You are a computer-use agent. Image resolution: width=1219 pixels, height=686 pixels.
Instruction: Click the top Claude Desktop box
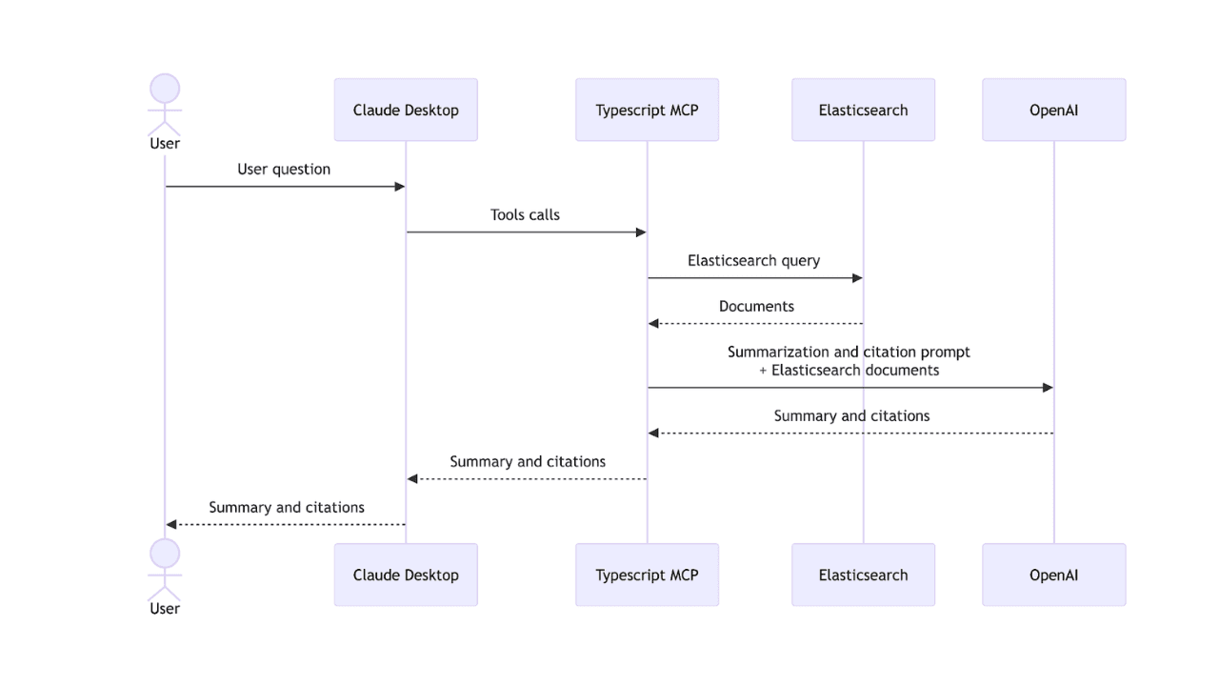coord(406,110)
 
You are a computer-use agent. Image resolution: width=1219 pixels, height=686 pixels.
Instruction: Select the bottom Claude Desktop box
coord(406,575)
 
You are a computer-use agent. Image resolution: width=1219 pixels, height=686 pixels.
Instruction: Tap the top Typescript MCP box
coord(647,110)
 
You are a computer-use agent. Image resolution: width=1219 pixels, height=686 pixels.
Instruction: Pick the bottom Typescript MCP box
coord(647,575)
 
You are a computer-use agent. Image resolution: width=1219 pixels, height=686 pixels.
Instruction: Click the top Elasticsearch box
coord(863,110)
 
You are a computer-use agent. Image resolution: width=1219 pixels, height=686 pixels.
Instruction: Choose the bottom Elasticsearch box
coord(863,575)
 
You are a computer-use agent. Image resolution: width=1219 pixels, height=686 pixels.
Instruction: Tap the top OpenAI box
coord(1053,110)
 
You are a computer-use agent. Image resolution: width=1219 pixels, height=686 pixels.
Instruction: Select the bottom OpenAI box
coord(1053,575)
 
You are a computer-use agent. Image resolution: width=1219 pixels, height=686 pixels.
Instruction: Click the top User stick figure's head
coord(165,89)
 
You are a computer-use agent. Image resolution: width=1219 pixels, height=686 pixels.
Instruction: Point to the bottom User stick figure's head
coord(165,554)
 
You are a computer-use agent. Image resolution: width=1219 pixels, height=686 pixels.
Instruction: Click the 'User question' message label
coord(284,170)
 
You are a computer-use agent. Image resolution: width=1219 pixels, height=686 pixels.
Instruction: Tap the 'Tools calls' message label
coord(525,215)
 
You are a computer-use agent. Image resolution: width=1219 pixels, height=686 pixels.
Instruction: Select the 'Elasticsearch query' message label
coord(753,261)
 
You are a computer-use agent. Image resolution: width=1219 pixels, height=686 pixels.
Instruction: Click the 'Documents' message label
coord(756,307)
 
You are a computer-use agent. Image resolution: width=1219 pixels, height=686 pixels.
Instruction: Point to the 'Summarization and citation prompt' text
coord(849,353)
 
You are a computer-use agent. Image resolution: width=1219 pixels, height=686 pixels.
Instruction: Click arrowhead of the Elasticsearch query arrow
coord(857,278)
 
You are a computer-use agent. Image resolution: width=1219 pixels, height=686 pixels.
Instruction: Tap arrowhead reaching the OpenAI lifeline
coord(1048,388)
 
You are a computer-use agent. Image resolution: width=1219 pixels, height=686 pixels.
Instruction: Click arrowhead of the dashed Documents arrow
coord(653,324)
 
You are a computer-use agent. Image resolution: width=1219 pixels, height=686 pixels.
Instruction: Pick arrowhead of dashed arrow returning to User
coord(171,525)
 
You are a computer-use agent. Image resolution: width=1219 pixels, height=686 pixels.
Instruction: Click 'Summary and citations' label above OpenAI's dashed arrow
coord(851,416)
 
